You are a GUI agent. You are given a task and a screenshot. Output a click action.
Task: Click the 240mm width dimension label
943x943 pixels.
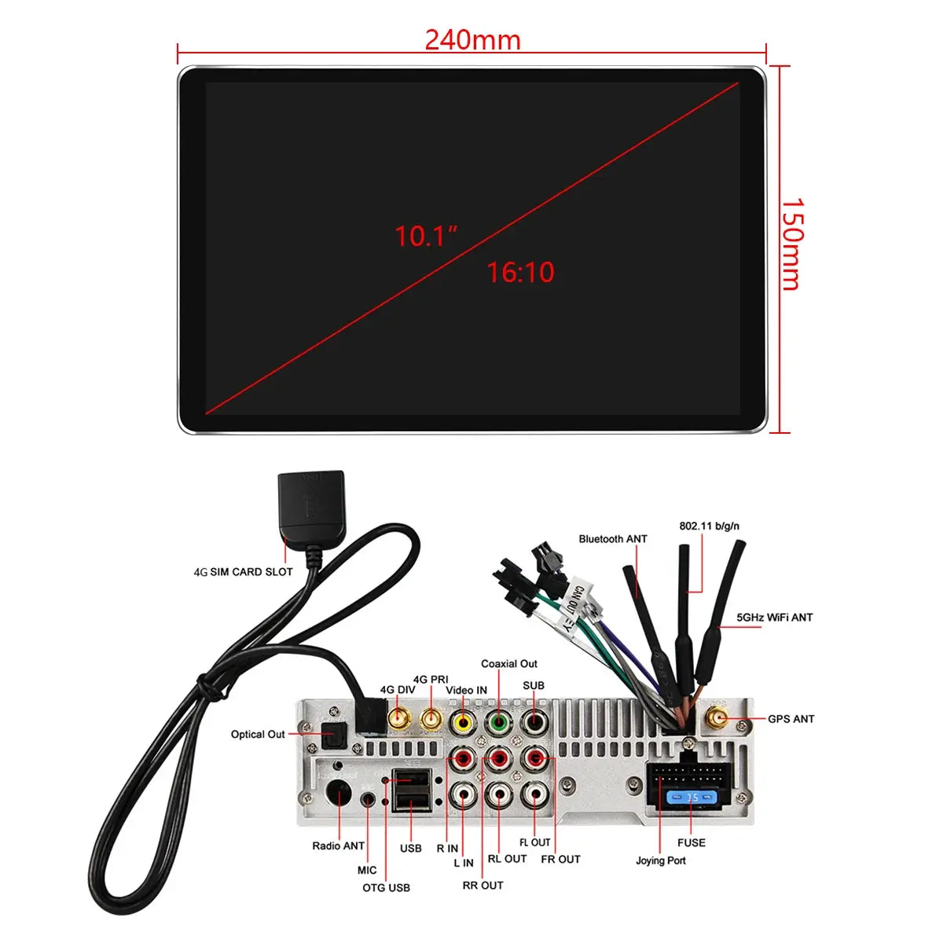click(472, 39)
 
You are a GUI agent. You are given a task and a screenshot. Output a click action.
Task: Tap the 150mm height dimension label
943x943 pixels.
click(792, 244)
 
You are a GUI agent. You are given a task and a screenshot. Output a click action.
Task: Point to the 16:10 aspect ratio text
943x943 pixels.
click(520, 273)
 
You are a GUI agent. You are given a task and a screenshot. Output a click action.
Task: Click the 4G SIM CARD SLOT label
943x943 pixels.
click(243, 572)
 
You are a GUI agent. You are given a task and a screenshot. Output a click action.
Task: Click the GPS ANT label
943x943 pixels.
click(791, 719)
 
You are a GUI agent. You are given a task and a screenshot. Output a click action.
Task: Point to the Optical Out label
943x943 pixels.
click(258, 735)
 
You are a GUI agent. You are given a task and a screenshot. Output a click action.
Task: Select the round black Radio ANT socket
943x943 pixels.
click(339, 795)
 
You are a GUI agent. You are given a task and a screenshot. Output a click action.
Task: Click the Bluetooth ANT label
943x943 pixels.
click(613, 539)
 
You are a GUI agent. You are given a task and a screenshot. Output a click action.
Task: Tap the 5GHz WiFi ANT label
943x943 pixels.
click(774, 618)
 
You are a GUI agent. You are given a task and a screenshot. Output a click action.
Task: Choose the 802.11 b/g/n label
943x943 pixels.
click(709, 526)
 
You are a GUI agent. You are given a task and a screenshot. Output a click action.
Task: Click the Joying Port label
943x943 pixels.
click(660, 860)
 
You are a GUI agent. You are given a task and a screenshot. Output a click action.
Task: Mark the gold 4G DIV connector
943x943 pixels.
click(398, 718)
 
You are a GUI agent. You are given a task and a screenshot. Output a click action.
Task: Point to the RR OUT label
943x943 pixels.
click(483, 886)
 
